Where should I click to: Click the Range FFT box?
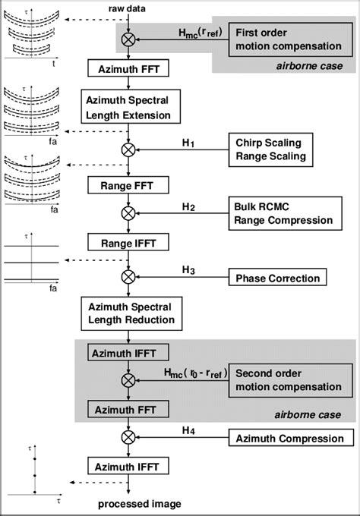pos(128,184)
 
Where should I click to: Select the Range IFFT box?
pos(128,243)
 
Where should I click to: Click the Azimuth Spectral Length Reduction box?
pos(128,313)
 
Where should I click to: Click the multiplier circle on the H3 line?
pos(128,278)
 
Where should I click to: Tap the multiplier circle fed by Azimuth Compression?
pos(128,438)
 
